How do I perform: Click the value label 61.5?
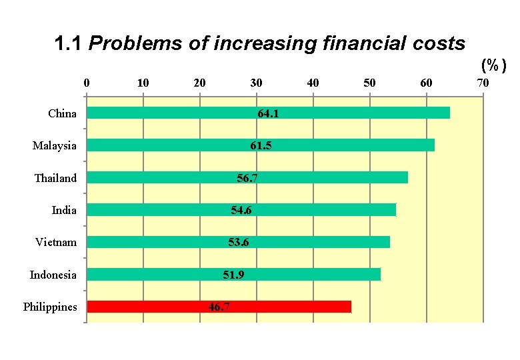261,145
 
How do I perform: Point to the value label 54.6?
241,210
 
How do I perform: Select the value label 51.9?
233,275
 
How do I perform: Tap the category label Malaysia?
54,145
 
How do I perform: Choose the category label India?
64,210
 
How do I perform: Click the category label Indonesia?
53,275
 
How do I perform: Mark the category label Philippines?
50,307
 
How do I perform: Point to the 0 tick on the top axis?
86,83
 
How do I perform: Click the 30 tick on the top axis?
256,83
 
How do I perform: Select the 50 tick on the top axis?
369,83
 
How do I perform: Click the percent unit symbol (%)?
494,65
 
